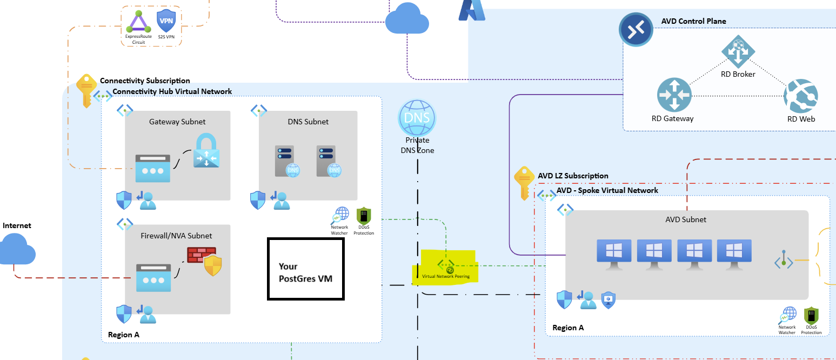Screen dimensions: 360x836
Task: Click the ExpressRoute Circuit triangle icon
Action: (139, 22)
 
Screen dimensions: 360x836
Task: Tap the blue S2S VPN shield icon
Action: (166, 21)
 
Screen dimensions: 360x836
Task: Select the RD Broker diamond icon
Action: (738, 51)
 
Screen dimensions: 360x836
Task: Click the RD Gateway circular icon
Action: (674, 95)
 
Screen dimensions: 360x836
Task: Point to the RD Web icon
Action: (800, 96)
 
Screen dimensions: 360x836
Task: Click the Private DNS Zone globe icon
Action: (416, 117)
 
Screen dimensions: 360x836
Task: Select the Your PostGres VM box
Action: (306, 269)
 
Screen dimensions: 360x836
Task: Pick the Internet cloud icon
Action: (17, 249)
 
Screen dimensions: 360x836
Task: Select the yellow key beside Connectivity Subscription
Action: (86, 90)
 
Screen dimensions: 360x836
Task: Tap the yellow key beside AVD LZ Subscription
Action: (524, 182)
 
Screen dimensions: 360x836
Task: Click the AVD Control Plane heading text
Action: (693, 22)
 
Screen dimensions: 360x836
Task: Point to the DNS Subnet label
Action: (308, 122)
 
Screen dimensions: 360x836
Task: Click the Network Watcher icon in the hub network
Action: (340, 216)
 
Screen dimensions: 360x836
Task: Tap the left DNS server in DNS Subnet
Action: (286, 161)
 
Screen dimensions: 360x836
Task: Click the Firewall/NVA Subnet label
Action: (176, 236)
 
